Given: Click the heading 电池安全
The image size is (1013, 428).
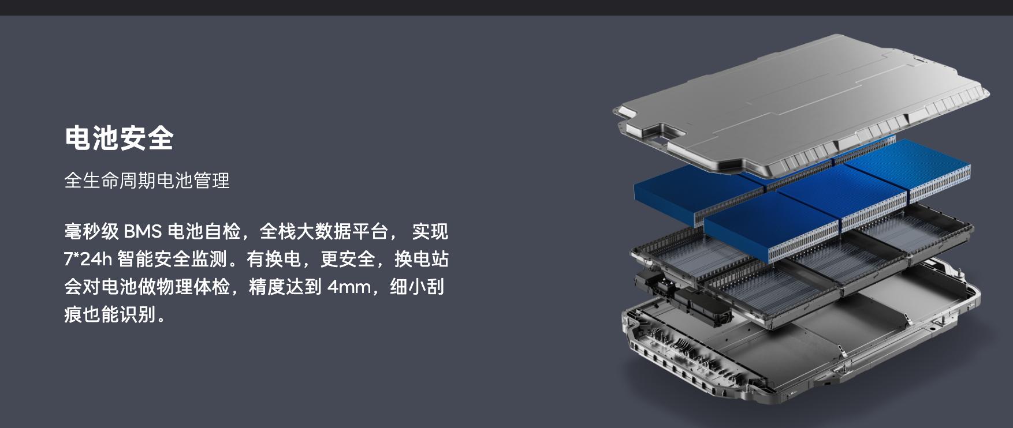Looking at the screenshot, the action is [119, 138].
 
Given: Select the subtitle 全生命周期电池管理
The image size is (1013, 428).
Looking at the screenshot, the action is [147, 181].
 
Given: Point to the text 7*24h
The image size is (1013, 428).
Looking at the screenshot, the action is [88, 260].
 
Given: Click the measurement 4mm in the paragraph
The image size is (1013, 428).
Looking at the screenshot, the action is [349, 287].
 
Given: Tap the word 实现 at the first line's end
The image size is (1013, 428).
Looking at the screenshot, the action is [430, 232].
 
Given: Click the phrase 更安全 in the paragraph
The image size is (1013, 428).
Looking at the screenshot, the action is [348, 260].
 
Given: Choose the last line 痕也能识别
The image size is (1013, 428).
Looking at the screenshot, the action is [110, 314].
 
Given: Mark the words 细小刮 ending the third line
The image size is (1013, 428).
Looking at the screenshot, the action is [417, 287].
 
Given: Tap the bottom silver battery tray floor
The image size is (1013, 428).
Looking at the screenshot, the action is [809, 340].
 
